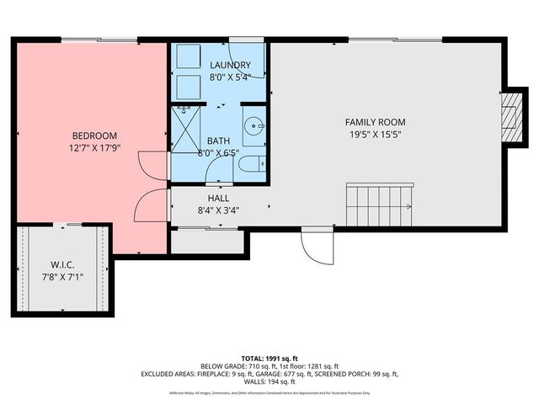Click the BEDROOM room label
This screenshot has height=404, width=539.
click(x=94, y=136)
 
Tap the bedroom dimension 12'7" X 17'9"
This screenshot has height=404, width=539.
click(x=94, y=148)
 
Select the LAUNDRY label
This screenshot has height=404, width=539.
click(x=229, y=65)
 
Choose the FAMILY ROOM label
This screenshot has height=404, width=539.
click(x=376, y=121)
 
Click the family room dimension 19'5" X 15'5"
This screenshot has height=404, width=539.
click(x=376, y=134)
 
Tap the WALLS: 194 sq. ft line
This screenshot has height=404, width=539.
click(x=269, y=383)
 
